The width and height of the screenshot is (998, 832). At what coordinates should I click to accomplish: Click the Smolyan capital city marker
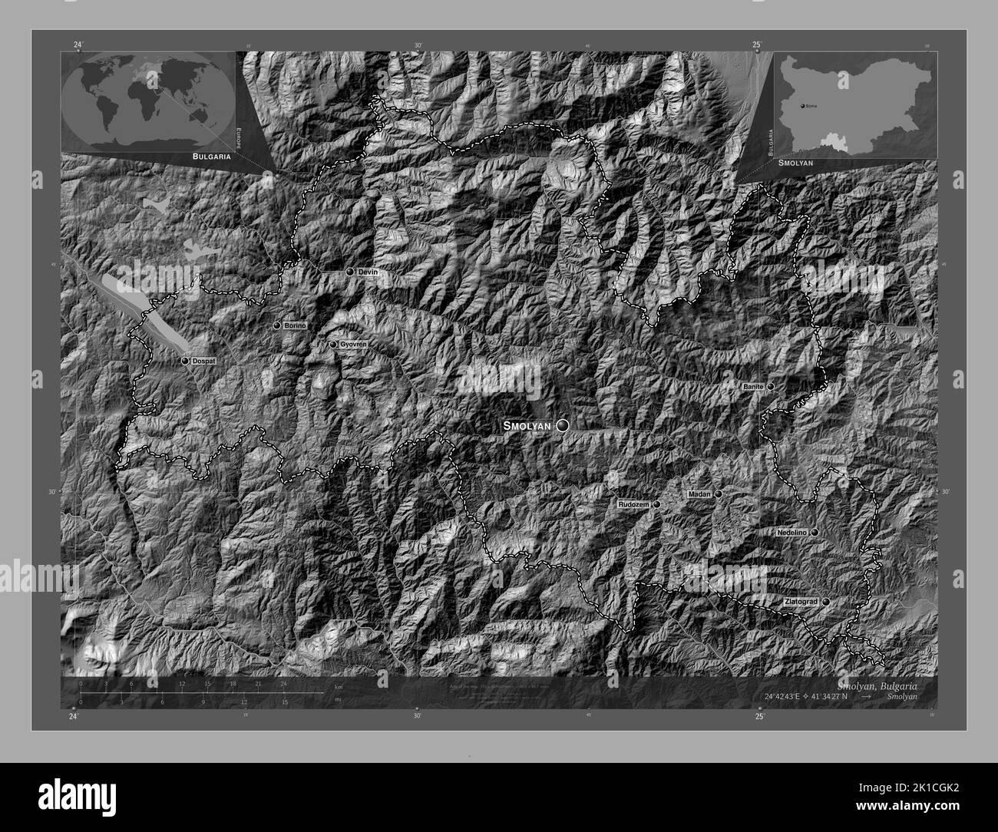pos(563,425)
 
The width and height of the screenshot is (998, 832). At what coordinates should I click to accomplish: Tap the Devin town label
pos(368,272)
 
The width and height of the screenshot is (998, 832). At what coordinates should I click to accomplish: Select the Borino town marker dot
pos(277,325)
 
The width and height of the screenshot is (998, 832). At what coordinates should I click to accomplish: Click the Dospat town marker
pos(185,360)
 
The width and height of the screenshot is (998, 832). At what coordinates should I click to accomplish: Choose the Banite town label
pos(752,387)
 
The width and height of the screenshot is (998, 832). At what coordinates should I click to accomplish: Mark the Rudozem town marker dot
pos(657,505)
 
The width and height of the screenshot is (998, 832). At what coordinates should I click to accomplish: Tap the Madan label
pos(699,494)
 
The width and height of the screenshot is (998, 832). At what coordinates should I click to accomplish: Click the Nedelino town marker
pos(815,532)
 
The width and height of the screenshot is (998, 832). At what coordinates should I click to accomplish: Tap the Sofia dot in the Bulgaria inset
pos(802,104)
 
